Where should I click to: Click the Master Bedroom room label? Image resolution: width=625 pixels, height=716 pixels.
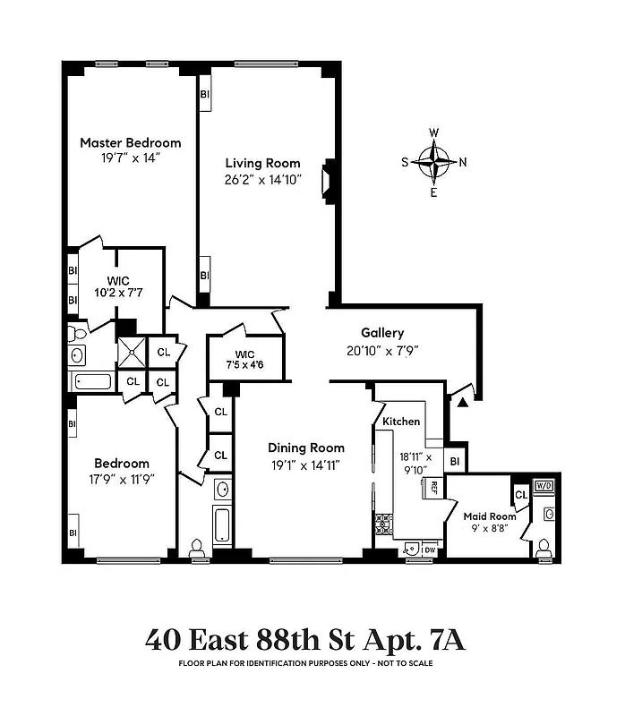pyautogui.click(x=130, y=142)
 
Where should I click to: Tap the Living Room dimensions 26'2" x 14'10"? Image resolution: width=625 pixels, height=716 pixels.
pyautogui.click(x=262, y=179)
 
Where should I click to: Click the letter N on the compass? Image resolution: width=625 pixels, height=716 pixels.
pyautogui.click(x=463, y=162)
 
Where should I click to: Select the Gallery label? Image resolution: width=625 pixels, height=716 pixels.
pyautogui.click(x=382, y=333)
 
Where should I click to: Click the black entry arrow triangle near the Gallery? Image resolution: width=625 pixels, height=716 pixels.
pyautogui.click(x=462, y=405)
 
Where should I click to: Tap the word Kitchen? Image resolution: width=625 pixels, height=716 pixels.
pyautogui.click(x=401, y=421)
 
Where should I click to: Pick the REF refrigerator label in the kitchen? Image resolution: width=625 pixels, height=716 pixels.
pyautogui.click(x=433, y=488)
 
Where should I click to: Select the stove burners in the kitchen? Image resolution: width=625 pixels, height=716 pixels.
pyautogui.click(x=383, y=524)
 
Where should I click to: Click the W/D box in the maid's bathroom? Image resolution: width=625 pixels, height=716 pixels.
pyautogui.click(x=544, y=486)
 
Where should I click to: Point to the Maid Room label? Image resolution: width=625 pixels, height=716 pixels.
pyautogui.click(x=490, y=516)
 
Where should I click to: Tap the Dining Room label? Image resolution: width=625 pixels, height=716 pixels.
pyautogui.click(x=306, y=448)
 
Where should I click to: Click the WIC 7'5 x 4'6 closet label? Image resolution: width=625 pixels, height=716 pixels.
pyautogui.click(x=244, y=357)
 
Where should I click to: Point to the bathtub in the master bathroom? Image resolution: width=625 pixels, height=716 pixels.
pyautogui.click(x=94, y=381)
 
